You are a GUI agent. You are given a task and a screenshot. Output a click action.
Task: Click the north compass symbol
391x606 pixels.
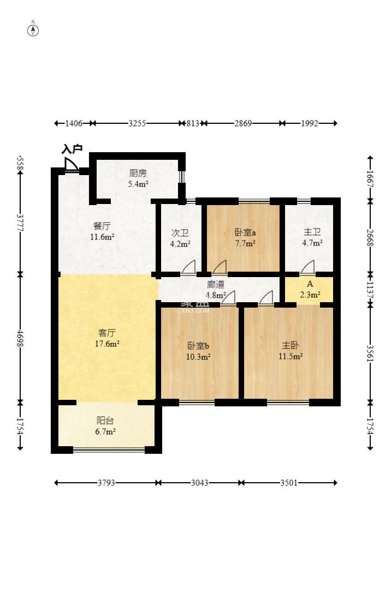point(33,30)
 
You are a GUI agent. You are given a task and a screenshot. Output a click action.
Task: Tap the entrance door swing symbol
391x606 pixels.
point(71,164)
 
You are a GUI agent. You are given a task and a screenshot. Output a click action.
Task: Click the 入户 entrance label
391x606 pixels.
point(72,149)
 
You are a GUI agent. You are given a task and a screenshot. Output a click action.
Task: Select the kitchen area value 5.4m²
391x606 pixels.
point(138,184)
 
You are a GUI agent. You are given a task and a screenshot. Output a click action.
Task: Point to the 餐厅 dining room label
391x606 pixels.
point(102,226)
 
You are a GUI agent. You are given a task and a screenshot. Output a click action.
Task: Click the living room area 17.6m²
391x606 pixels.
point(106,344)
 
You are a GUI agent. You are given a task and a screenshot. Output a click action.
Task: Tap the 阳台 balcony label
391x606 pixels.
point(105,421)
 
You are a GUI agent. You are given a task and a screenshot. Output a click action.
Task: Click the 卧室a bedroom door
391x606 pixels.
point(220,267)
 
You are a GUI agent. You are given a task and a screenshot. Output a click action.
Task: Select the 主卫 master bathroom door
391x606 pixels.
point(307,267)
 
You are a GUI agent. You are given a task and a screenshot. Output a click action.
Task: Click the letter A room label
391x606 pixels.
point(310,284)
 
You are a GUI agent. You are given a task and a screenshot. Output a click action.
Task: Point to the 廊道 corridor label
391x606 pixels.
point(215,285)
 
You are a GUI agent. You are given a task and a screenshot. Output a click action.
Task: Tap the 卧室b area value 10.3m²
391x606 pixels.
point(198,357)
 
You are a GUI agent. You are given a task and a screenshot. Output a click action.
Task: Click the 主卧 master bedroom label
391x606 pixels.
point(290,345)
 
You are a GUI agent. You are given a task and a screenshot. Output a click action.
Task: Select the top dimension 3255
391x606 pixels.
point(137,123)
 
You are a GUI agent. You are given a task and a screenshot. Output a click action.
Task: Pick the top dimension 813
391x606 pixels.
point(193,123)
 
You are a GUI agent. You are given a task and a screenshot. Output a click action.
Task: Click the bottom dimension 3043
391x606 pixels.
point(199,483)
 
